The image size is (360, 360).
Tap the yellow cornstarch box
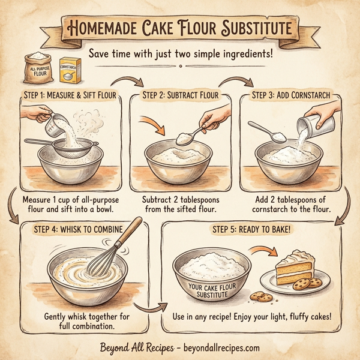[71, 70]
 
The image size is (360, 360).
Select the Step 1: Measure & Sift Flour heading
[68, 96]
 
